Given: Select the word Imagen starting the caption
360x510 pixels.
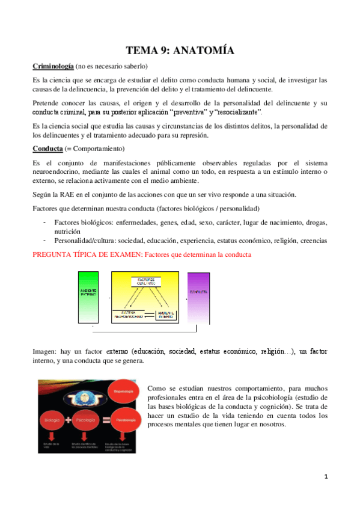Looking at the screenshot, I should coord(43,351).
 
